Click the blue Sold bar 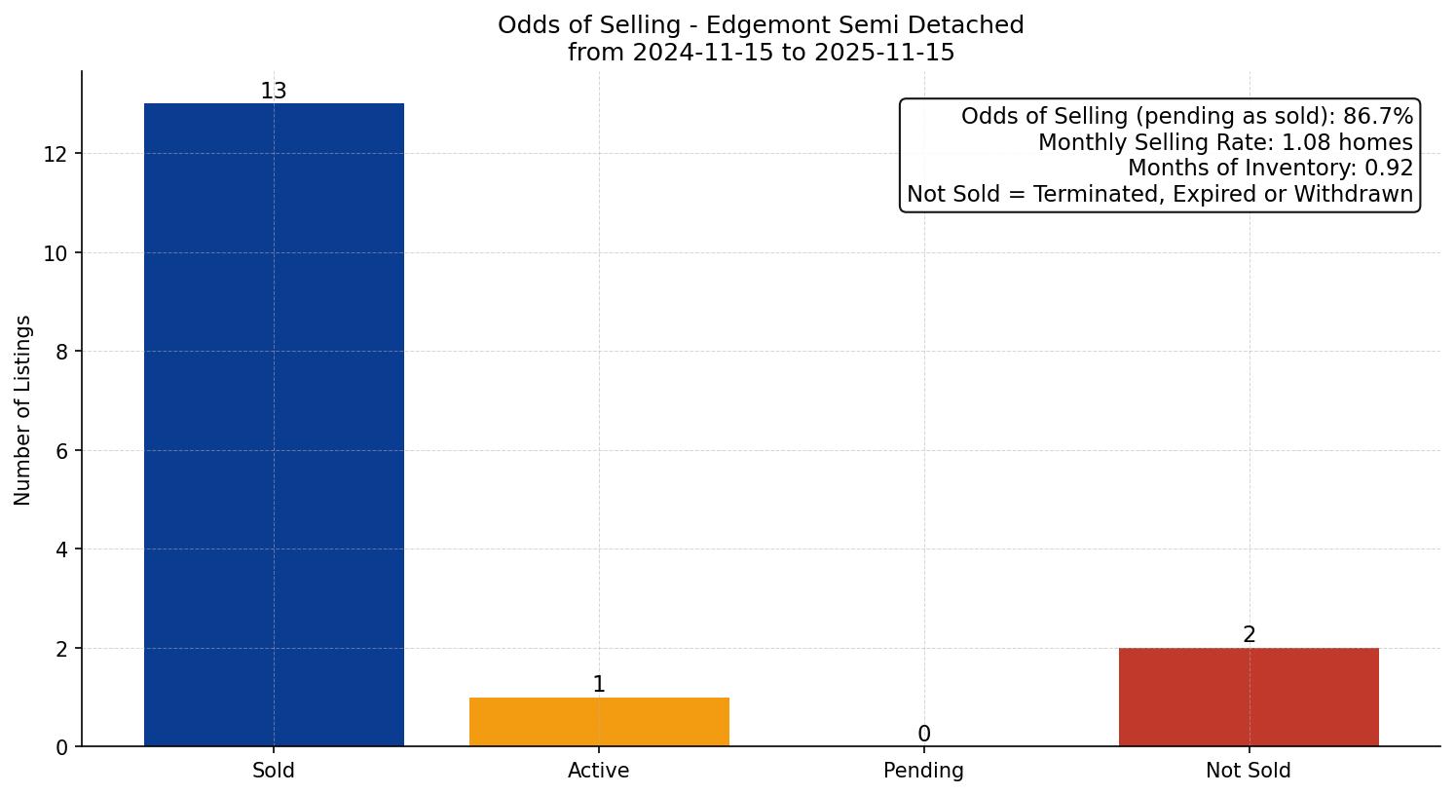274,424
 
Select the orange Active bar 599,722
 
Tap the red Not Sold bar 1249,697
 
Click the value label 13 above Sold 274,92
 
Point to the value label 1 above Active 599,685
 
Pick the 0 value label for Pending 924,735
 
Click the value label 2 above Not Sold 1250,635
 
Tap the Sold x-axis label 274,771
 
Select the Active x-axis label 599,771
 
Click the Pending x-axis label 923,771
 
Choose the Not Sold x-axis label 1249,771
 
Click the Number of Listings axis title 23,410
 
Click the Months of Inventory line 1270,169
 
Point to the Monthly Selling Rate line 1225,142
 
